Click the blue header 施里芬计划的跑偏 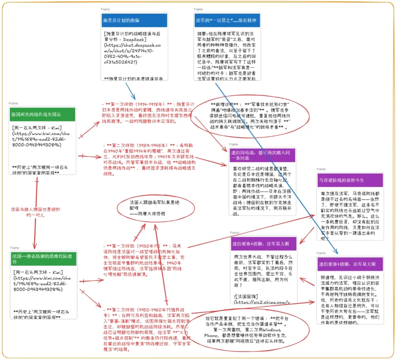(x=134, y=21)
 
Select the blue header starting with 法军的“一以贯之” (x=227, y=21)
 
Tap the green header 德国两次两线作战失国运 (x=42, y=114)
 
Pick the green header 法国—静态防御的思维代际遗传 (x=43, y=259)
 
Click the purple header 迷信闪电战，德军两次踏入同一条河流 (x=262, y=156)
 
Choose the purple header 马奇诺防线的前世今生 (x=350, y=180)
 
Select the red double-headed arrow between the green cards (x=36, y=213)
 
